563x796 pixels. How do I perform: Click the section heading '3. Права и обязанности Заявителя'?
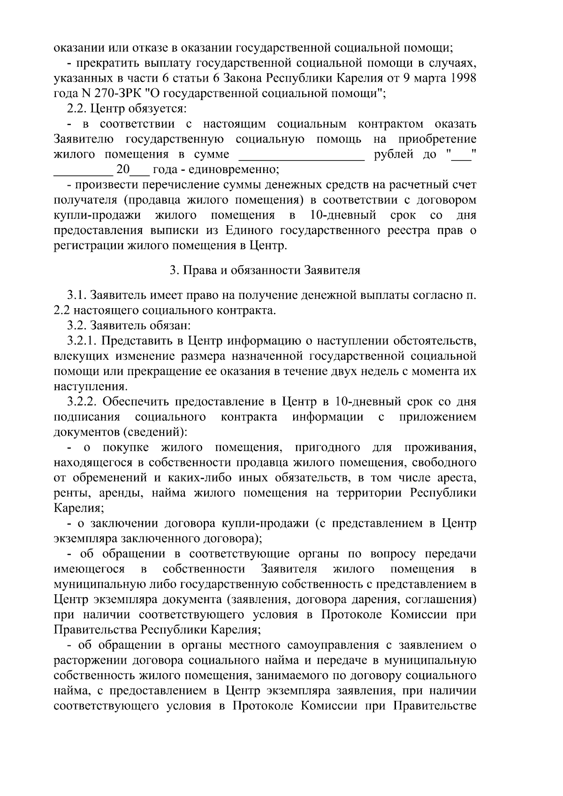pyautogui.click(x=265, y=271)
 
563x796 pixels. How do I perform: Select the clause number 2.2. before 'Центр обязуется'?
pyautogui.click(x=77, y=109)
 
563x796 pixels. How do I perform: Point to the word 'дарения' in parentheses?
pyautogui.click(x=373, y=600)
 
